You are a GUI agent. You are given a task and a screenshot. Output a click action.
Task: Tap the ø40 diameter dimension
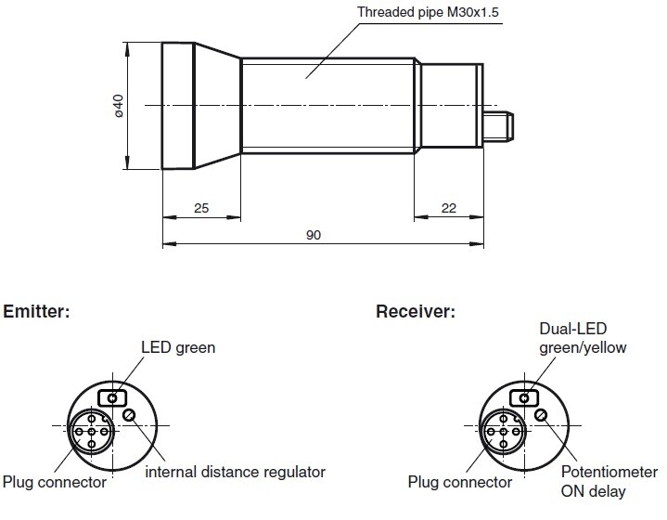coord(118,106)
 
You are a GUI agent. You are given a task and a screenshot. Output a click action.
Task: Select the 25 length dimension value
coord(200,209)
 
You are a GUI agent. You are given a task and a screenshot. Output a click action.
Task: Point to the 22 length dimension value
coord(448,209)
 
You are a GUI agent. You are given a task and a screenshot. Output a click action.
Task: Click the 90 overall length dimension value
coord(314,236)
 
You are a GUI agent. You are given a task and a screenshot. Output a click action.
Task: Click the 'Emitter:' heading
coord(38,311)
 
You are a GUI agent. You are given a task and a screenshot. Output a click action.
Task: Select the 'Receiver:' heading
coord(415,311)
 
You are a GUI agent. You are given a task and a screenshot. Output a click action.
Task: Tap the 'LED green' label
coord(177,348)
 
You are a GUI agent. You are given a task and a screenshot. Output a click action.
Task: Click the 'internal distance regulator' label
coord(236,472)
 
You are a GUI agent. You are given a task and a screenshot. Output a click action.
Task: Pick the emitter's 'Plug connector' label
coord(54,482)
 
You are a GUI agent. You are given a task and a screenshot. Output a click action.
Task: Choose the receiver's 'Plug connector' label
coord(459,482)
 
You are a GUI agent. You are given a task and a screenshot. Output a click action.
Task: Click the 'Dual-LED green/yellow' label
coord(583,339)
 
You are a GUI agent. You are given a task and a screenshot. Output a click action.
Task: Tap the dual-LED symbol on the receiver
coord(525,398)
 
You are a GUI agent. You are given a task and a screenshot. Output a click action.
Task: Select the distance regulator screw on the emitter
coord(132,415)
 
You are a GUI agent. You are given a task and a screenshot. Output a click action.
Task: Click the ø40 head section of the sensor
coord(178,106)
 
